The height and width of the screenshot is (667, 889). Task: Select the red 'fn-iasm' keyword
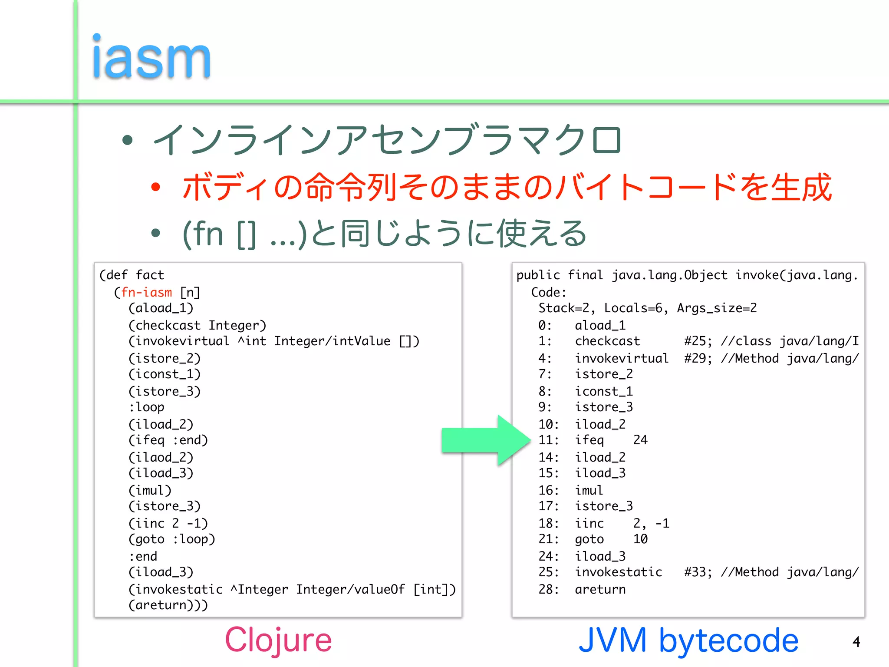[x=146, y=292]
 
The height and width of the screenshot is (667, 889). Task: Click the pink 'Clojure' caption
[x=278, y=640]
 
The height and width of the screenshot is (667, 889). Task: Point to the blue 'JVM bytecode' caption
[x=688, y=640]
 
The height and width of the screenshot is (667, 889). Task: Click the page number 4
[x=856, y=642]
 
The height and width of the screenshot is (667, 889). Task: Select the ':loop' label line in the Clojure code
[x=146, y=407]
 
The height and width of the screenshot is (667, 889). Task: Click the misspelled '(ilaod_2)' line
[x=161, y=457]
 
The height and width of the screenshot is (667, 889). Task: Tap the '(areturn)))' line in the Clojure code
[x=168, y=605]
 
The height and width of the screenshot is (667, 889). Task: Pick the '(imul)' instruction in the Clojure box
[x=150, y=490]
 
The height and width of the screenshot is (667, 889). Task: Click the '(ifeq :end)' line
[x=168, y=440]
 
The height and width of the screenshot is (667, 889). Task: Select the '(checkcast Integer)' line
[x=197, y=325]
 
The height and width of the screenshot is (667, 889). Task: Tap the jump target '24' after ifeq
[x=640, y=440]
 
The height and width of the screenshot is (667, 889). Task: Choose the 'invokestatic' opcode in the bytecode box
[x=619, y=572]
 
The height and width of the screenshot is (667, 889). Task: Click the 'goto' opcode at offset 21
[x=589, y=539]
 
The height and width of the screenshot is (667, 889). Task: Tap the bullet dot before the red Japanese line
[x=155, y=187]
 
